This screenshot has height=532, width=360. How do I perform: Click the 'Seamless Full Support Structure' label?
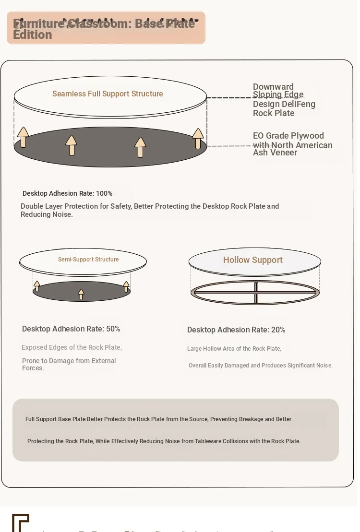108,94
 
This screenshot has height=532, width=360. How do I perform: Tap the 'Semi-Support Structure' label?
88,260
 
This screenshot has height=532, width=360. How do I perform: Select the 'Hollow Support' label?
252,260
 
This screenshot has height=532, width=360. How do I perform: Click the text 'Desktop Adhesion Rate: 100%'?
67,193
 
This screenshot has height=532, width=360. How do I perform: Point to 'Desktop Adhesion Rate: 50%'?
71,329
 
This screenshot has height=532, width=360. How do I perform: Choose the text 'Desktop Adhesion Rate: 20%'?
236,330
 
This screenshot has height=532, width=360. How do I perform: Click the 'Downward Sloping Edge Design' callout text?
284,100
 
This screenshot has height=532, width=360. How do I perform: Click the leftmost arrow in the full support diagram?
23,137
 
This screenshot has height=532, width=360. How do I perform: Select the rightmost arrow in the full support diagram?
198,138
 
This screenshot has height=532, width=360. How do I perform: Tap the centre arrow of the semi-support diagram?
81,294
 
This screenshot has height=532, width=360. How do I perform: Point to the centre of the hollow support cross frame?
256,292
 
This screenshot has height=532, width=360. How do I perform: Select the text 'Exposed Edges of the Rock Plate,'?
72,347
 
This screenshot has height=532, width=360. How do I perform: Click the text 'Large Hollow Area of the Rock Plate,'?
234,349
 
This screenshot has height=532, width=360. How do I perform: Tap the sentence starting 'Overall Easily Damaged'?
260,366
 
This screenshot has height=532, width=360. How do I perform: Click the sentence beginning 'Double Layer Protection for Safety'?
149,210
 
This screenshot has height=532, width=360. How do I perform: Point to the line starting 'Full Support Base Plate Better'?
158,419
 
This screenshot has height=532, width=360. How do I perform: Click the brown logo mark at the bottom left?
20,522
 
